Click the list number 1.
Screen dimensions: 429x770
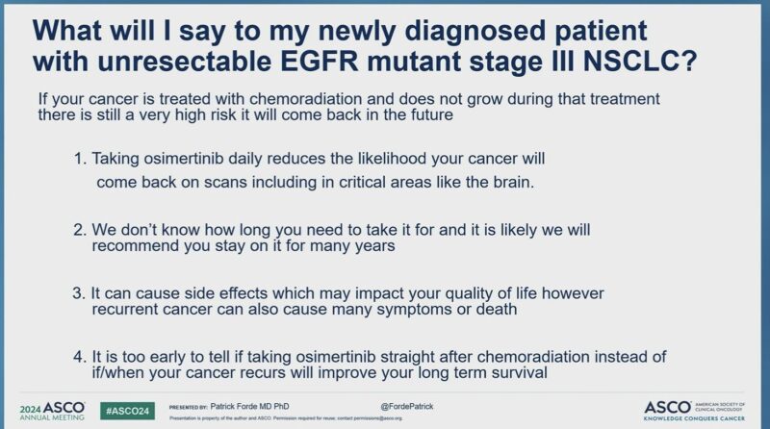79,157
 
